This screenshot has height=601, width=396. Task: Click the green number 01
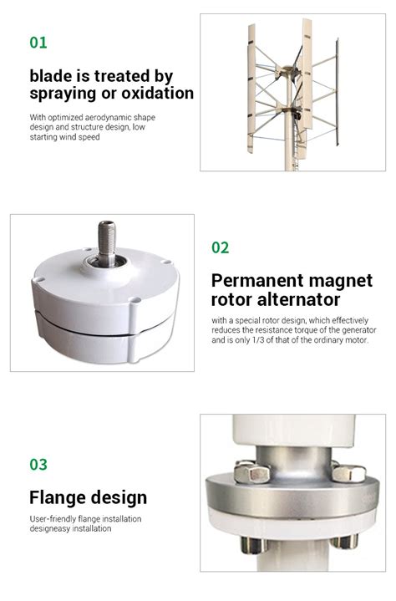coord(38,42)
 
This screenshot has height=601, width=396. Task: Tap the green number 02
coord(221,247)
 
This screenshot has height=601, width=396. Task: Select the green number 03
coord(38,464)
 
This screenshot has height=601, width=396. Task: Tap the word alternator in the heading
coord(298,300)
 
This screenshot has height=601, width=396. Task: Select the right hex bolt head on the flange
coord(348,472)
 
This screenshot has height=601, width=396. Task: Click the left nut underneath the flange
coord(253,545)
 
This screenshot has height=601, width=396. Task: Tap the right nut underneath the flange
coord(344,541)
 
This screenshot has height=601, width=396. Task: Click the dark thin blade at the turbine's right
coord(337,92)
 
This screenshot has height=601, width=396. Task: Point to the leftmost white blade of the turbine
coord(251,89)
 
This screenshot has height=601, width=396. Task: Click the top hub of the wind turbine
coord(289,71)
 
